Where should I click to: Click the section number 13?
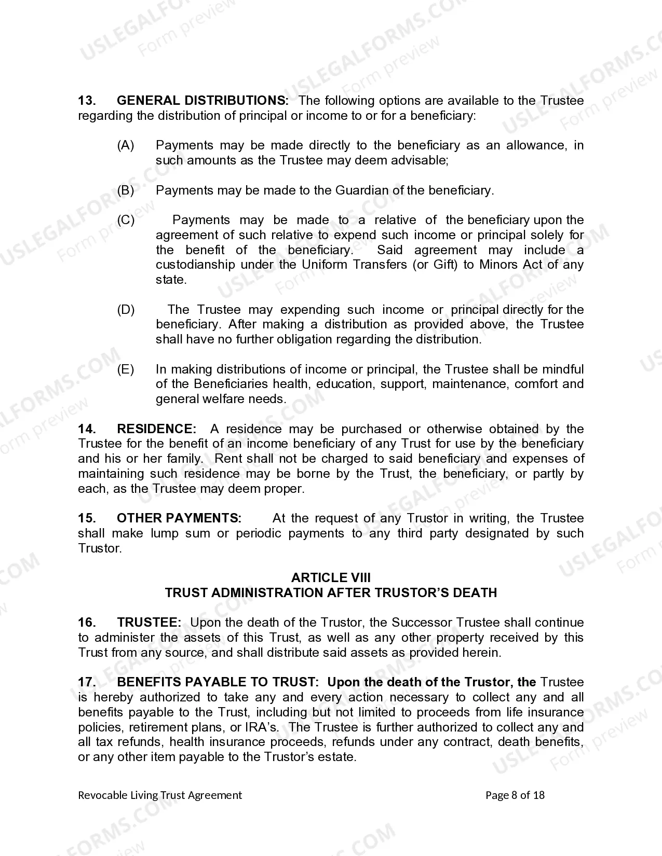pyautogui.click(x=86, y=101)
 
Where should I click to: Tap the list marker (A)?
pyautogui.click(x=126, y=145)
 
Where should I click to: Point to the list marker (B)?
pyautogui.click(x=126, y=190)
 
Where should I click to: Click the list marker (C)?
pyautogui.click(x=126, y=220)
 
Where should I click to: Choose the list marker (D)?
pyautogui.click(x=126, y=310)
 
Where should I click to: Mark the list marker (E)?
pyautogui.click(x=126, y=369)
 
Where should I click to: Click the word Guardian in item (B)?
pyautogui.click(x=362, y=190)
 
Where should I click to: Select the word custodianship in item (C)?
pyautogui.click(x=195, y=265)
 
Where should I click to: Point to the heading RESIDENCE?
pyautogui.click(x=157, y=429)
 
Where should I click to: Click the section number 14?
pyautogui.click(x=87, y=429)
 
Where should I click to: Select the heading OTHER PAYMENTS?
pyautogui.click(x=179, y=518)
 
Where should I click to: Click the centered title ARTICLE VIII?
pyautogui.click(x=331, y=578)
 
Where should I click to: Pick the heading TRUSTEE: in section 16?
pyautogui.click(x=149, y=623)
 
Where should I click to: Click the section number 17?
pyautogui.click(x=87, y=682)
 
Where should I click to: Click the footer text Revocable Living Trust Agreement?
pyautogui.click(x=160, y=795)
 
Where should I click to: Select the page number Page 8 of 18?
pyautogui.click(x=515, y=795)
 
